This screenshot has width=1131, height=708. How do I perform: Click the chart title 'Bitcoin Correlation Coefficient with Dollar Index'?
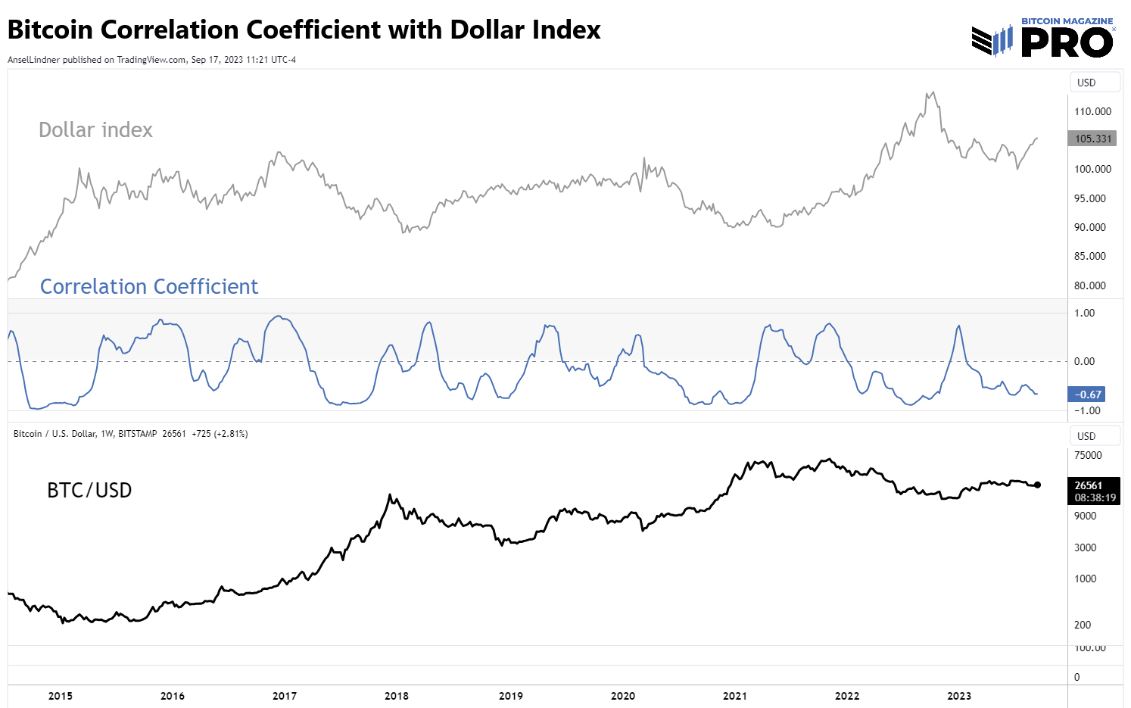pyautogui.click(x=304, y=30)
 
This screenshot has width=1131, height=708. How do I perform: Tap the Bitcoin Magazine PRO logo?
pyautogui.click(x=1043, y=38)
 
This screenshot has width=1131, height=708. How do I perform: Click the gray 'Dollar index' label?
pyautogui.click(x=95, y=130)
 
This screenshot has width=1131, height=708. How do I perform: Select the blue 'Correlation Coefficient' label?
pyautogui.click(x=149, y=287)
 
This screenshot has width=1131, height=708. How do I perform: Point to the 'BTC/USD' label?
pyautogui.click(x=89, y=491)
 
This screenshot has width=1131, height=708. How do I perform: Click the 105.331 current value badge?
pyautogui.click(x=1092, y=139)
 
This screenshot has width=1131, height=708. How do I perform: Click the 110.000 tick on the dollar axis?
pyautogui.click(x=1092, y=111)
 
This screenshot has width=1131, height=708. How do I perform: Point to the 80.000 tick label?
pyautogui.click(x=1089, y=285)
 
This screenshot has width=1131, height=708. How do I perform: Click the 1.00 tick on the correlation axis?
pyautogui.click(x=1084, y=313)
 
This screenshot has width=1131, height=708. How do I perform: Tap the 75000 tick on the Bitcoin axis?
pyautogui.click(x=1088, y=455)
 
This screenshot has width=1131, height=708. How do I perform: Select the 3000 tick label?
pyautogui.click(x=1085, y=547)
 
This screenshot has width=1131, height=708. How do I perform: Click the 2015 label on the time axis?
pyautogui.click(x=61, y=696)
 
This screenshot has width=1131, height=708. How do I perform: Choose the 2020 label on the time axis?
pyautogui.click(x=623, y=696)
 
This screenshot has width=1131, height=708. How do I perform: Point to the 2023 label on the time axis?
pyautogui.click(x=959, y=696)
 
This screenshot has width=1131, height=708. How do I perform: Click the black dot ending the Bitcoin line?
pyautogui.click(x=1037, y=485)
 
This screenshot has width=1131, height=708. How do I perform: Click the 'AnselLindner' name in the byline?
pyautogui.click(x=33, y=60)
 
